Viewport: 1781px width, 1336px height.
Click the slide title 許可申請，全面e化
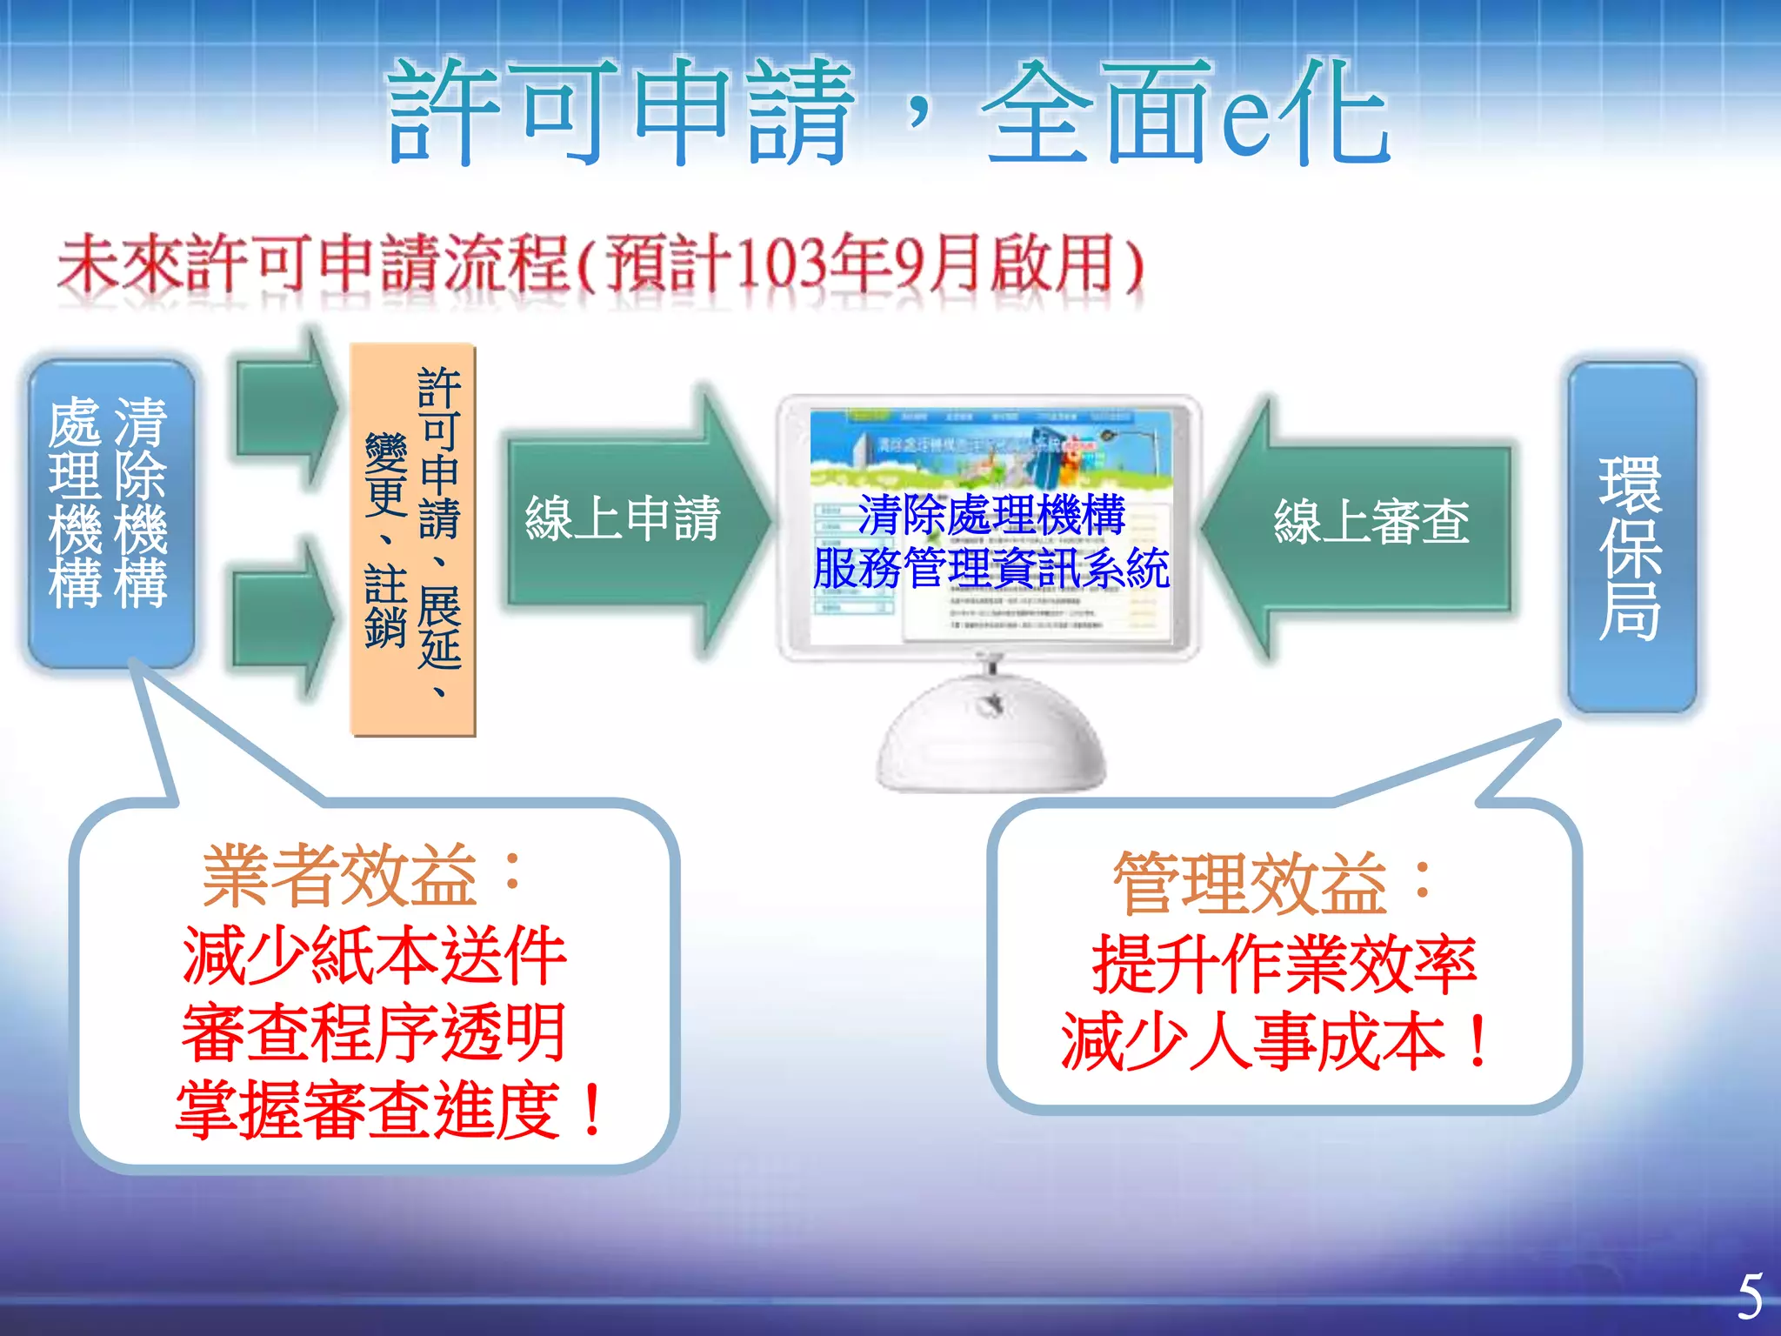pos(887,113)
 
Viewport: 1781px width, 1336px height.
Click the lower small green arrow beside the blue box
pos(282,618)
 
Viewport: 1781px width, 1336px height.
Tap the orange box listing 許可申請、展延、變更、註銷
pos(413,539)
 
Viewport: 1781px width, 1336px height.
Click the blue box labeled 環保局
pos(1631,539)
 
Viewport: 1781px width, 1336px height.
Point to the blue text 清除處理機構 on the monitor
pos(991,515)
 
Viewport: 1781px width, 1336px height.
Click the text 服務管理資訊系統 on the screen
pos(991,569)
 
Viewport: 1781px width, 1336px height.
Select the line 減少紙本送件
pos(374,955)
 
